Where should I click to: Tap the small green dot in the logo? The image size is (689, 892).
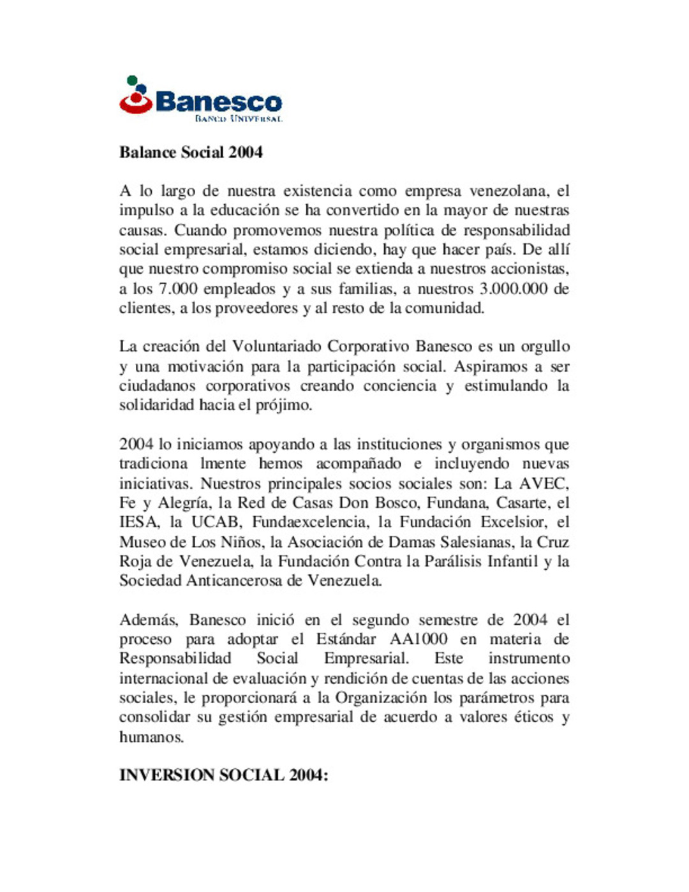tap(132, 80)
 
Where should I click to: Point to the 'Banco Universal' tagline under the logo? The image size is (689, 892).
tap(239, 119)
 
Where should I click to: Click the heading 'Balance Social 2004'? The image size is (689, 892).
tap(191, 152)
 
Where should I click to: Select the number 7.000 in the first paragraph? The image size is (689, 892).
tap(178, 289)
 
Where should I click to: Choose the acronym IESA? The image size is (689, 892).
tap(138, 523)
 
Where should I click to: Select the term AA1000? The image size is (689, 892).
tap(418, 639)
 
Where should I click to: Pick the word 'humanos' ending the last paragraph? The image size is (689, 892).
tap(151, 738)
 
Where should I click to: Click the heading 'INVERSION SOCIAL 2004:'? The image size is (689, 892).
tap(223, 776)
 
